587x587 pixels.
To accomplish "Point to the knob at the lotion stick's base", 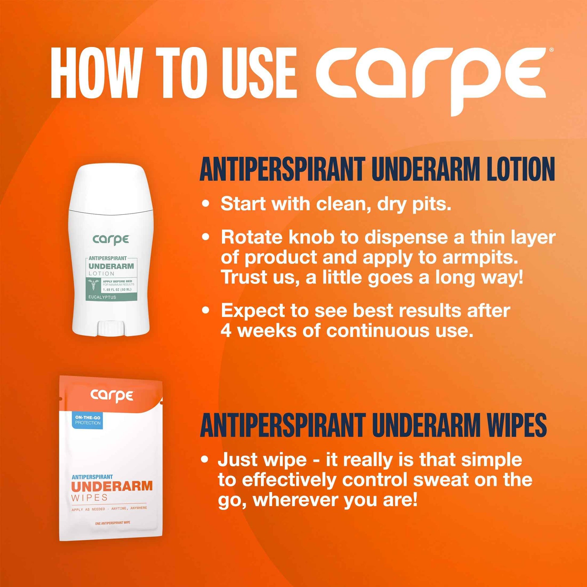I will [111, 328].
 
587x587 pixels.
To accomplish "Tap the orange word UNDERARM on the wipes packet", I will [112, 486].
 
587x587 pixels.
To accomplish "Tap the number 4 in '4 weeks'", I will [226, 331].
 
